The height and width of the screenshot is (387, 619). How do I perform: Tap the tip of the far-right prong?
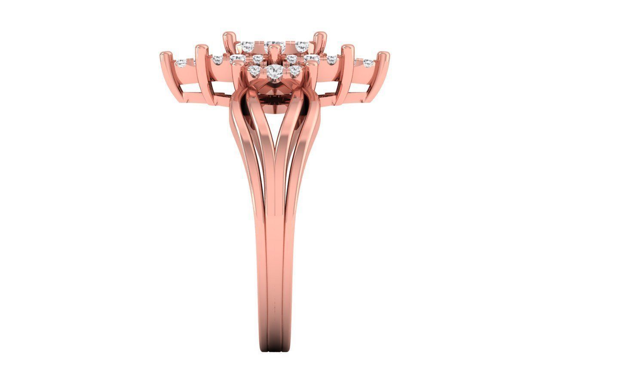coord(384,55)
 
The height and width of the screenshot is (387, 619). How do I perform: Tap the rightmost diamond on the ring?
coord(368,63)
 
